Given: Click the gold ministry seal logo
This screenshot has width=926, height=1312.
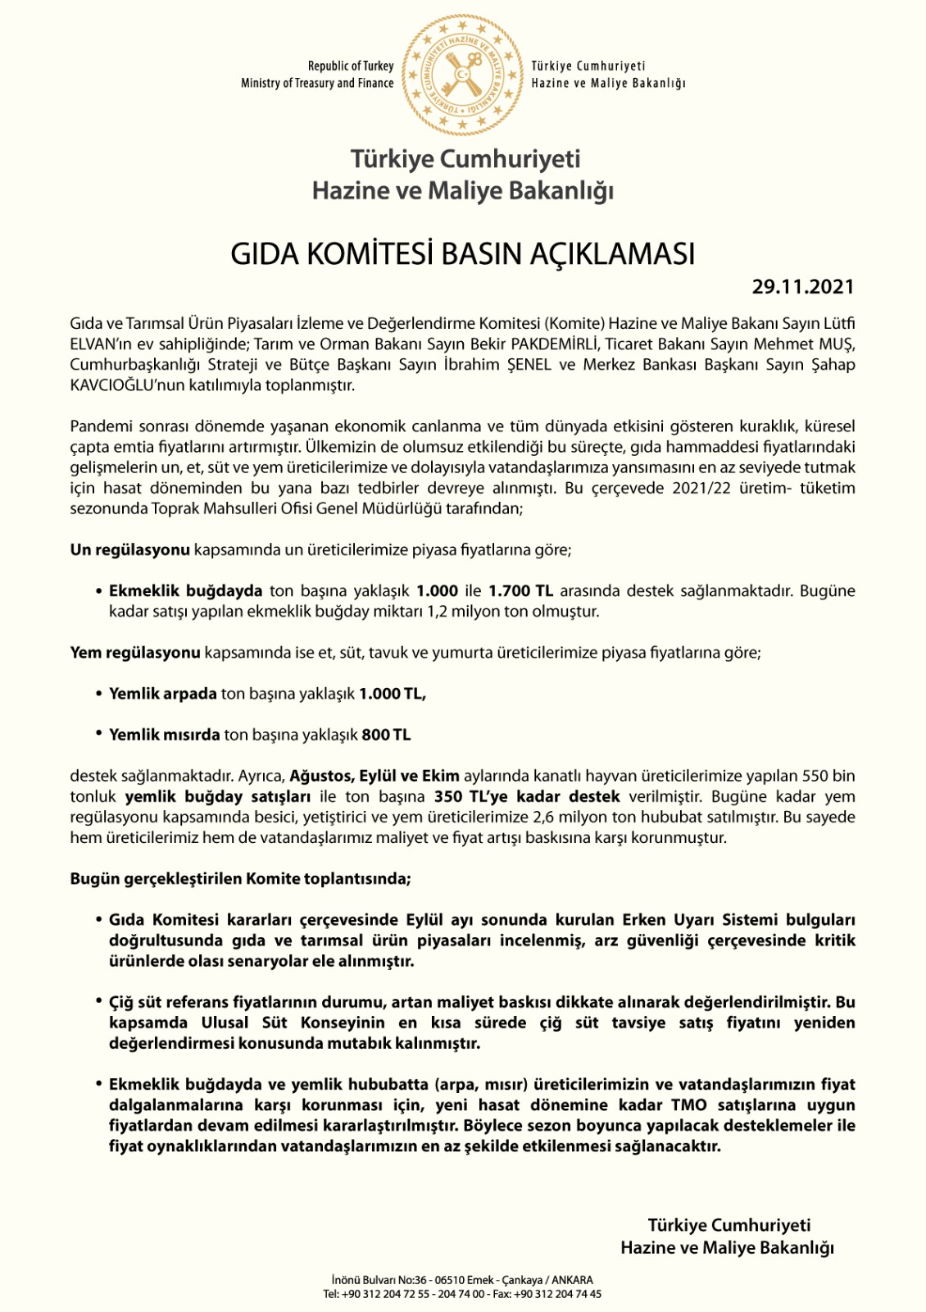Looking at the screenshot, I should (x=462, y=75).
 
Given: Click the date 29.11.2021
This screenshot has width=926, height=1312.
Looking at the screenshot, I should (x=803, y=287).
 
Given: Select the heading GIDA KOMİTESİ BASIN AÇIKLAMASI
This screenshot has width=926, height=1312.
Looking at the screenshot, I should (x=462, y=254).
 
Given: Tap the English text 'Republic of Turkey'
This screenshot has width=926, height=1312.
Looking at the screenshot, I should (x=351, y=66).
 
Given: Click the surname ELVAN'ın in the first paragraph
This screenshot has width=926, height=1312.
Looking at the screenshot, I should (x=97, y=344).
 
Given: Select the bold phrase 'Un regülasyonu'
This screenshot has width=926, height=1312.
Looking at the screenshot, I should (x=129, y=549).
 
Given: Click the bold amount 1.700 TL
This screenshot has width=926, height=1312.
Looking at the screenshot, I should (x=520, y=590).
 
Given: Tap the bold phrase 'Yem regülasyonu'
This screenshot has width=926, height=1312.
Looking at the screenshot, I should (x=135, y=653).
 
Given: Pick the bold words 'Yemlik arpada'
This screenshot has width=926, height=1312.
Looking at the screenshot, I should (x=163, y=694).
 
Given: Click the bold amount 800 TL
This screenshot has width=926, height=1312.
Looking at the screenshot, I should (x=386, y=735).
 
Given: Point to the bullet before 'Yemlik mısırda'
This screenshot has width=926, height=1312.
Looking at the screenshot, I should (x=99, y=734).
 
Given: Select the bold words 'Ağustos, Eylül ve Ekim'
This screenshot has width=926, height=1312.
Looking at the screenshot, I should (x=374, y=776).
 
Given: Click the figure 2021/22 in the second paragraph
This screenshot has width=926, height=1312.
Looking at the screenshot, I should (x=706, y=488).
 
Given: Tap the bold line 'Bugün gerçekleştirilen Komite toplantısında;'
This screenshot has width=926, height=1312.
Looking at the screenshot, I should (x=240, y=879).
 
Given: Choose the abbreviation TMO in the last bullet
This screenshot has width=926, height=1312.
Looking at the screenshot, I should (x=688, y=1105).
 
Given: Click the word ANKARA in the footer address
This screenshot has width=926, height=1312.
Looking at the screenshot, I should (x=572, y=1280).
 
